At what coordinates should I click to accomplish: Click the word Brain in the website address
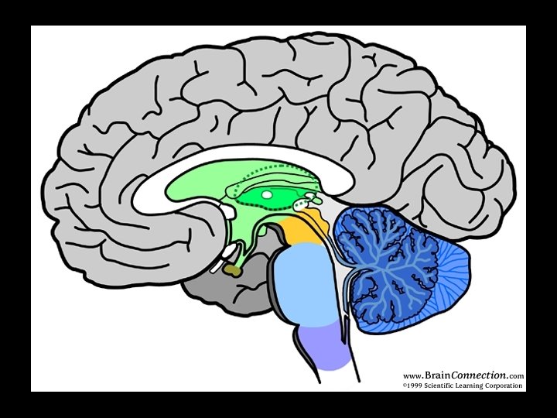[x=437, y=375]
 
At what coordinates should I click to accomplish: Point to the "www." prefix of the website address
[x=413, y=376]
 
